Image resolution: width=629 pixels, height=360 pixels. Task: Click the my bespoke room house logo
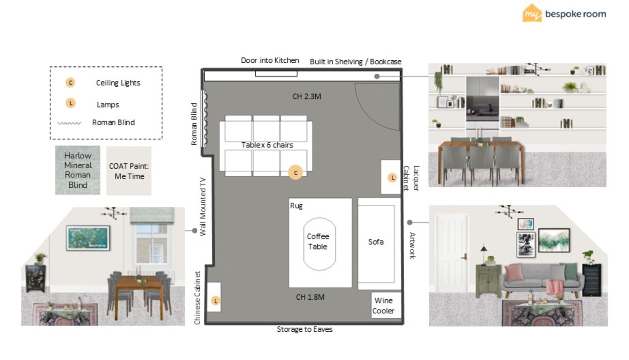pos(532,13)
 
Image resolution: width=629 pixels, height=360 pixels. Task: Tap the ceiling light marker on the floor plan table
pos(296,173)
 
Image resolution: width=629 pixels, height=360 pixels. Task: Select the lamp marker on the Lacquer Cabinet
pos(392,178)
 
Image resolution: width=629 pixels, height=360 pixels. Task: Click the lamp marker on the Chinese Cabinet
pos(215,301)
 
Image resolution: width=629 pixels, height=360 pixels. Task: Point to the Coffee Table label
pos(318,241)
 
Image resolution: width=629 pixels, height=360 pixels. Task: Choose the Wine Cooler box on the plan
pos(386,305)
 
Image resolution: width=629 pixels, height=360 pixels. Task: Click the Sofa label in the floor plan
pos(376,242)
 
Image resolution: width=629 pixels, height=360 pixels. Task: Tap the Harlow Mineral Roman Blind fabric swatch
pos(78,170)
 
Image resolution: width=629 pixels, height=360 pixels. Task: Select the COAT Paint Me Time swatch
pos(129,171)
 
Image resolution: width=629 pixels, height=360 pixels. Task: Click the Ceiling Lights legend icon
pos(70,83)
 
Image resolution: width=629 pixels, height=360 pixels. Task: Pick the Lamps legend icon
pos(71,103)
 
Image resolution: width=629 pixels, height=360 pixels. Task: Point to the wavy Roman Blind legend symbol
pos(70,123)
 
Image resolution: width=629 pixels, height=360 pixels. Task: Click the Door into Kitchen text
pos(270,60)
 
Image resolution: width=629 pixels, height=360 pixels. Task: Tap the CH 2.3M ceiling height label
pos(307,96)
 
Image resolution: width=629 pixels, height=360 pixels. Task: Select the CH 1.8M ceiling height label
pos(310,297)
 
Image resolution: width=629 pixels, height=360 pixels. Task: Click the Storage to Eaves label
pos(305,329)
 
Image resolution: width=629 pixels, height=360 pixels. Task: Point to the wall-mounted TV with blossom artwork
pos(88,238)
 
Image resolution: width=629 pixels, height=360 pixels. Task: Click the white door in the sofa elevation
pos(452,253)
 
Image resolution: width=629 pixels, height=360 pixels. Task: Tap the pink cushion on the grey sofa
pos(514,273)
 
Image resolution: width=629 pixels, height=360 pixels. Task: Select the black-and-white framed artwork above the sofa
pos(526,244)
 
